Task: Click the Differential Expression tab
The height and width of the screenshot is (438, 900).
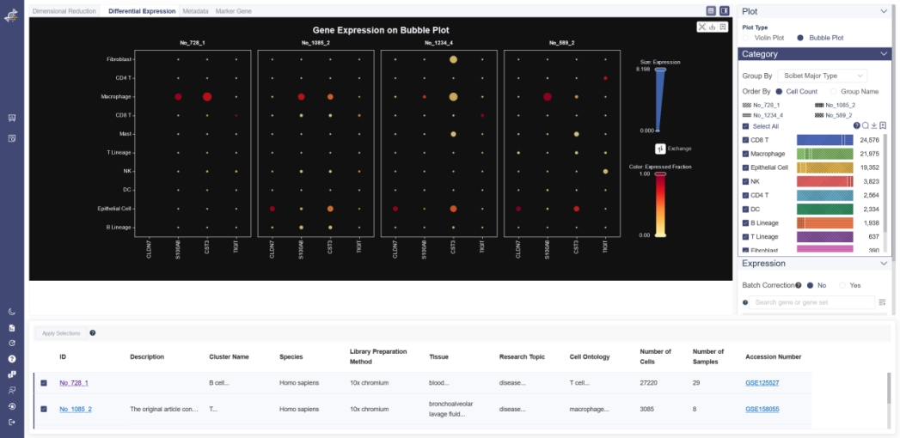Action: [x=143, y=11]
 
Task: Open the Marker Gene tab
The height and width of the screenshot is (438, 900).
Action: [x=233, y=11]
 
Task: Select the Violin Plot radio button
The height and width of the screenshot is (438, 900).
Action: [x=746, y=38]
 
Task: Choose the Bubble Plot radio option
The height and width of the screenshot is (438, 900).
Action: [x=800, y=38]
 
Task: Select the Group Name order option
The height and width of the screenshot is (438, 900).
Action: [x=833, y=91]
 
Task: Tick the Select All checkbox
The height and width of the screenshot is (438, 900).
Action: [x=745, y=126]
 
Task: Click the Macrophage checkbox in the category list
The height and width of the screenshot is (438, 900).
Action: [x=745, y=154]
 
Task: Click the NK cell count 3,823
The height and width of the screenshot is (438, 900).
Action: [x=869, y=181]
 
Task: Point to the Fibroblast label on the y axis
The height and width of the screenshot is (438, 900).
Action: [x=119, y=59]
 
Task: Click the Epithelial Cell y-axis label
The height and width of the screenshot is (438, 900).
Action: [x=114, y=209]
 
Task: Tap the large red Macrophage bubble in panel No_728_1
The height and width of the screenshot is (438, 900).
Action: [x=207, y=97]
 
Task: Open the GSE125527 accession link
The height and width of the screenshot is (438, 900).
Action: [x=762, y=383]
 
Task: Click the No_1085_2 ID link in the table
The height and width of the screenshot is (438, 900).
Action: [x=76, y=410]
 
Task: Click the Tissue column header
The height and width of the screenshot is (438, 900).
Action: [x=438, y=356]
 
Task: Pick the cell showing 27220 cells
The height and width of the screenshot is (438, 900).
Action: [x=652, y=383]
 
